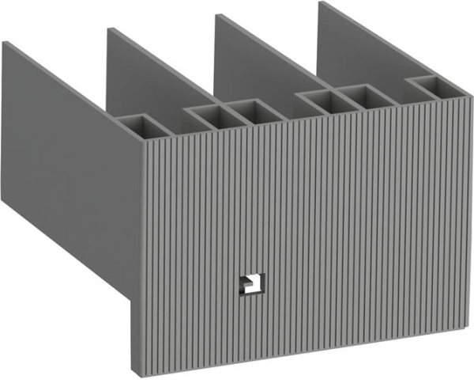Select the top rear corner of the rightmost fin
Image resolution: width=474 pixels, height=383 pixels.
click(320, 2)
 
